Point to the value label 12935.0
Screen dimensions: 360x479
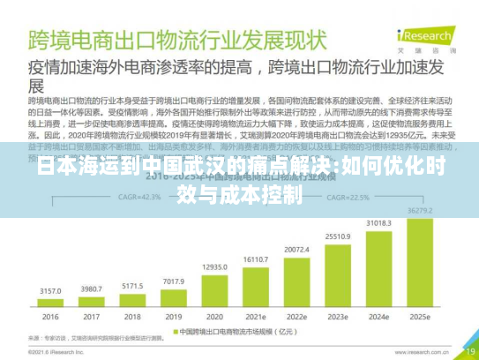click(x=215, y=266)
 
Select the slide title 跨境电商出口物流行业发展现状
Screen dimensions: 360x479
click(x=176, y=40)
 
